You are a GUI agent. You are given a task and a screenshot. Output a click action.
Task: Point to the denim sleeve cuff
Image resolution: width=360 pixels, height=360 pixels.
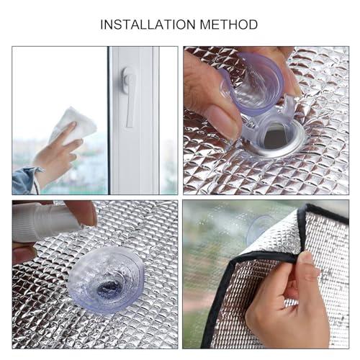coord(26,180)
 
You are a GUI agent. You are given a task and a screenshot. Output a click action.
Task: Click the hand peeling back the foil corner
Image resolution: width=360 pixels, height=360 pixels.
coord(288,302)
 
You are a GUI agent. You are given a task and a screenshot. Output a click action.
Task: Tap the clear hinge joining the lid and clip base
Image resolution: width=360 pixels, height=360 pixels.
coord(288,108)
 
